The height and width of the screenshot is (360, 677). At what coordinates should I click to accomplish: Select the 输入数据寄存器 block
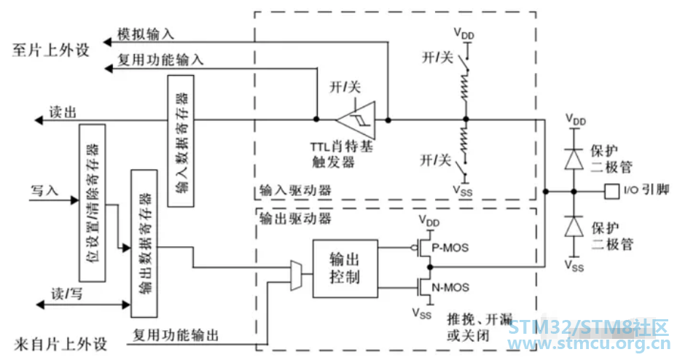coord(182,141)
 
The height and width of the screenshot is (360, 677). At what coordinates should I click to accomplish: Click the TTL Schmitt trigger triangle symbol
coord(357,120)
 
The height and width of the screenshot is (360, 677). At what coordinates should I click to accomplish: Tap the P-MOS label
coord(450,247)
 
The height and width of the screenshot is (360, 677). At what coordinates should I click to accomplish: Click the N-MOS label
coord(450,286)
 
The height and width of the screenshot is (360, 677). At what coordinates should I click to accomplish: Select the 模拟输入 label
coord(146,35)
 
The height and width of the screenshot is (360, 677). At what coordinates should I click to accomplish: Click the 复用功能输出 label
coord(176,335)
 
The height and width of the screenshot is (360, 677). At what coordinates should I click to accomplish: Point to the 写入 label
coord(44,190)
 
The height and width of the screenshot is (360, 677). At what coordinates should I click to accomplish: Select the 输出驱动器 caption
coord(295,217)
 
